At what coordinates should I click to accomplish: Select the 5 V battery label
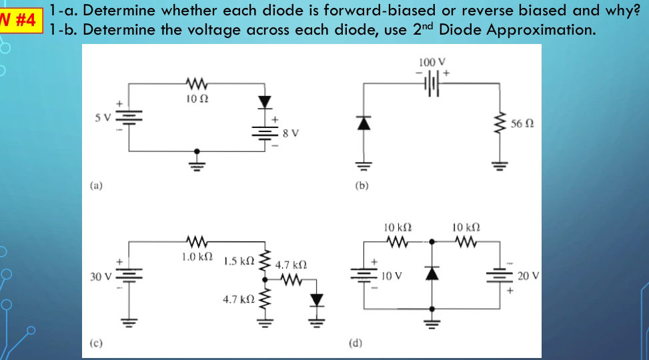pos(102,117)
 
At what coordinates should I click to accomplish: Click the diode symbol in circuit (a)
pos(266,102)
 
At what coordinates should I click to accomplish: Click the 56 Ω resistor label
pos(522,124)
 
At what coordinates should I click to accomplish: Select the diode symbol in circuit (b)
pos(363,123)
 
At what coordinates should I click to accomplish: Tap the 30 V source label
pos(100,277)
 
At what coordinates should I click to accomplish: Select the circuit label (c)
pos(97,343)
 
